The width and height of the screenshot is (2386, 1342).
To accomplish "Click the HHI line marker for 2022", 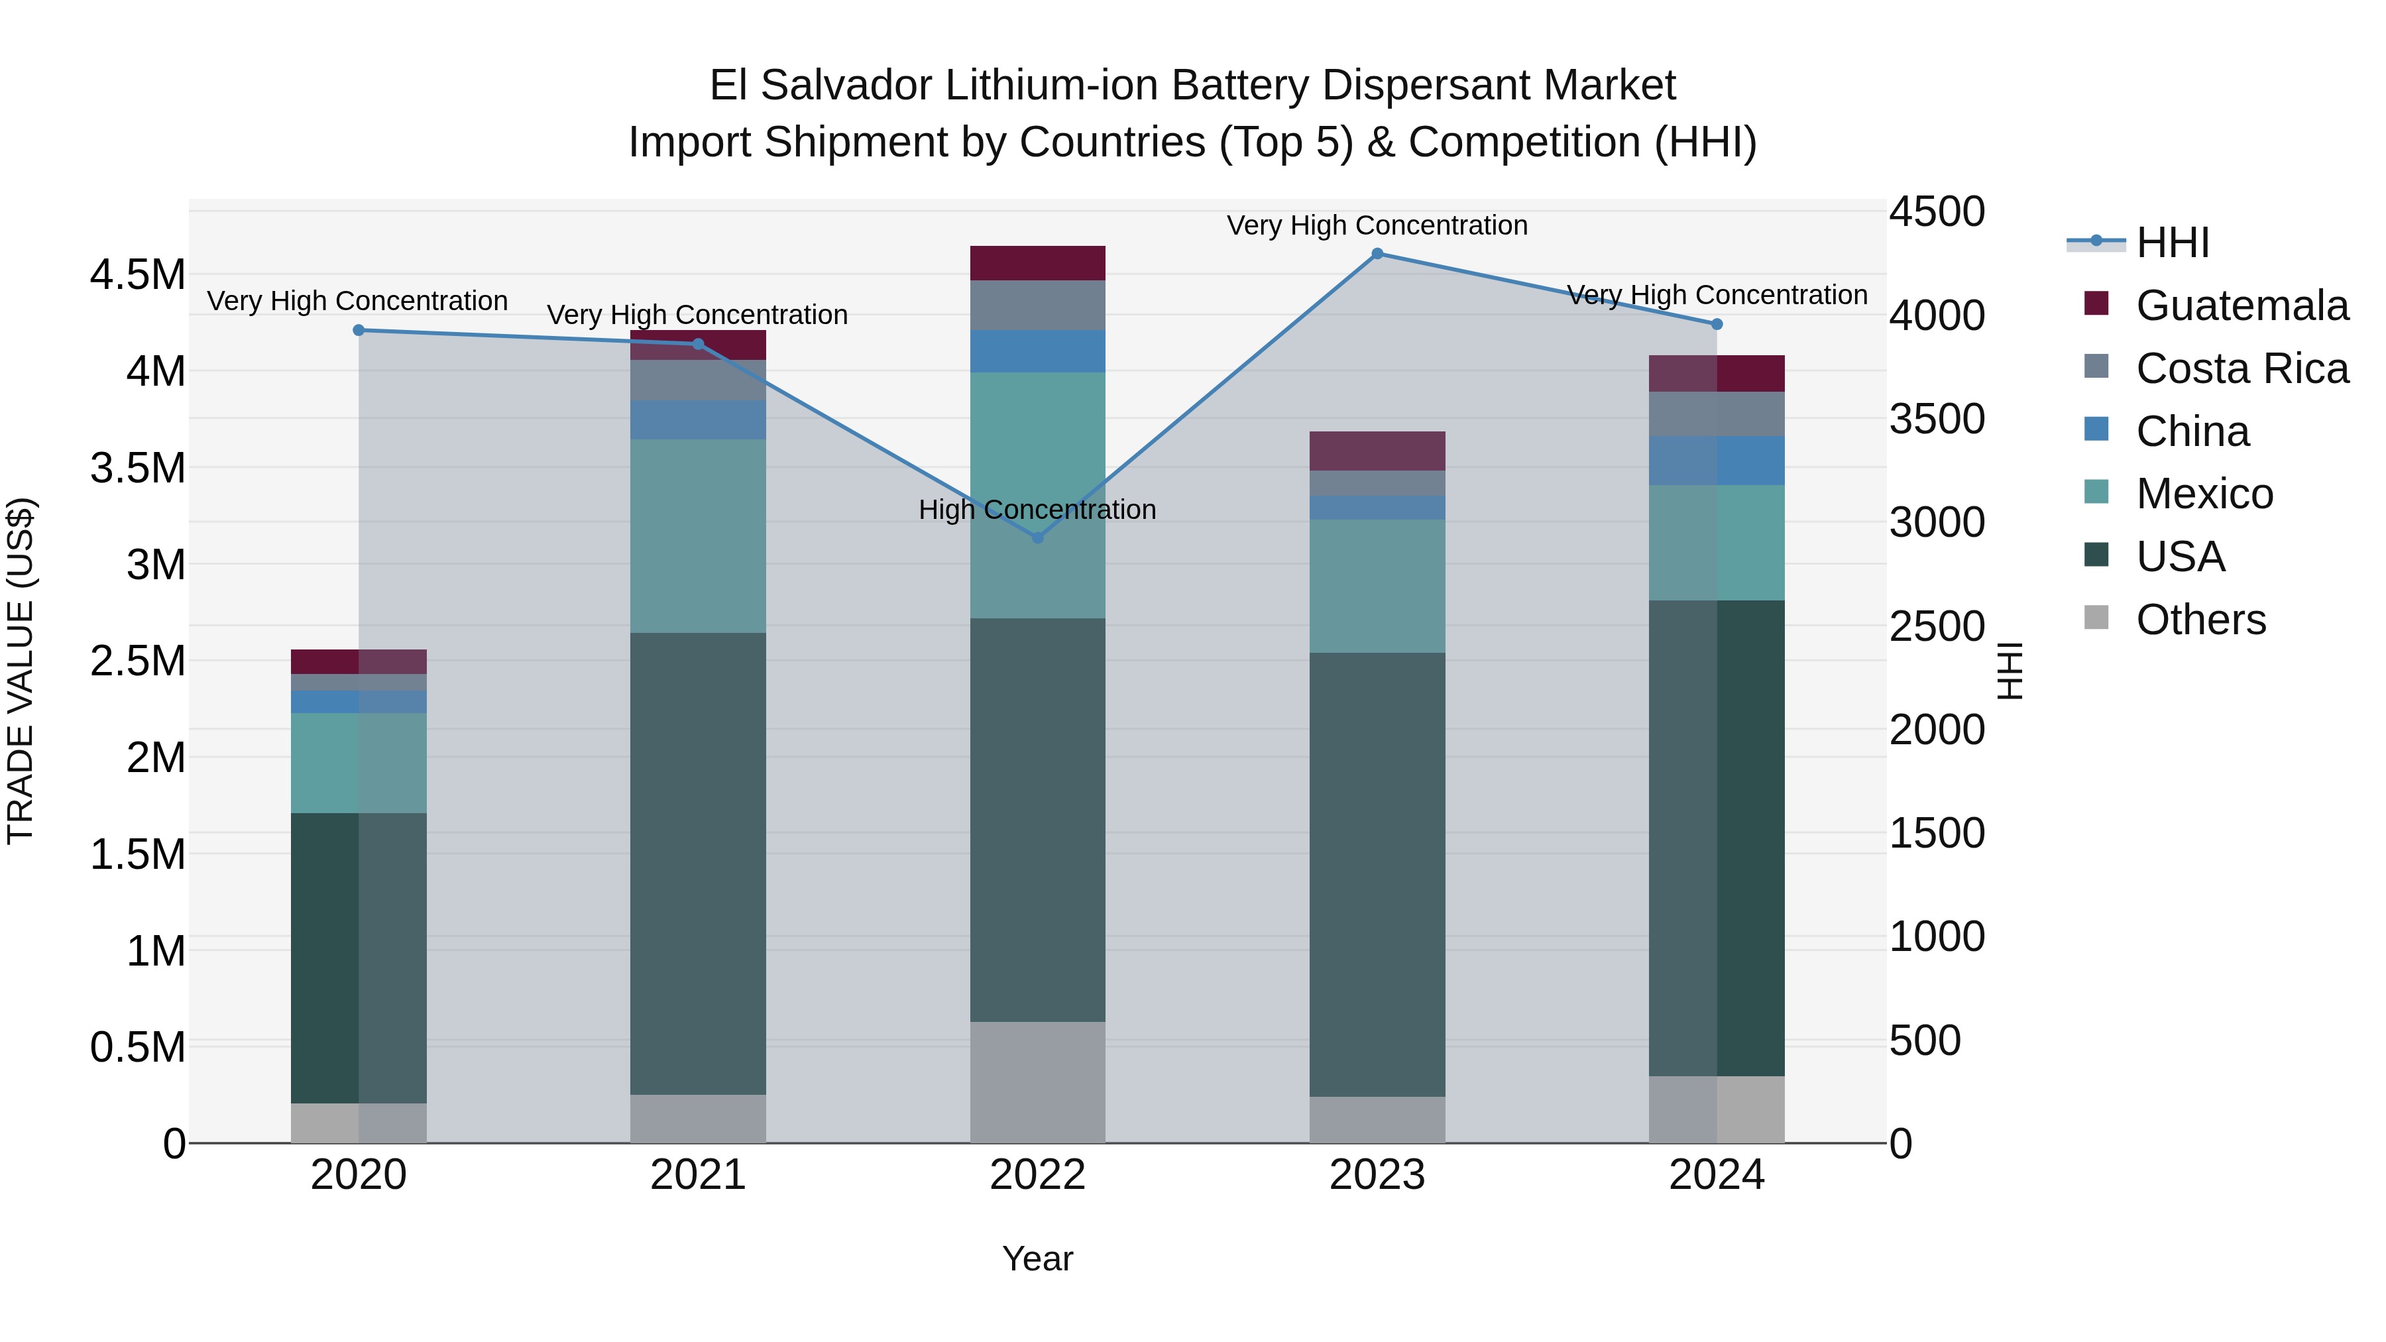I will point(1037,537).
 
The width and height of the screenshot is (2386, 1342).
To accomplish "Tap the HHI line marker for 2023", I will point(1377,254).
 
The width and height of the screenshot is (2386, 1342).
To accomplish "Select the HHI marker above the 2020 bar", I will point(359,330).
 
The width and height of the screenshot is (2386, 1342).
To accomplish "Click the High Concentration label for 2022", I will point(1037,510).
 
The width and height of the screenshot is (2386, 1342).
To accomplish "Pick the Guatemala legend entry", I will point(2242,306).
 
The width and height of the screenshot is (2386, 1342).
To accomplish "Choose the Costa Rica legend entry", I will point(2242,368).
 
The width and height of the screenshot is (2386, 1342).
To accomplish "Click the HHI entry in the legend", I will point(2172,243).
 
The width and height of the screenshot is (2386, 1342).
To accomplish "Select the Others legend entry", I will point(2200,620).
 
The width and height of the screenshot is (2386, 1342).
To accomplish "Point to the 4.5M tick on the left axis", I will point(137,275).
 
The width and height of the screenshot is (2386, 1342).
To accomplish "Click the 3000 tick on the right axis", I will point(1937,522).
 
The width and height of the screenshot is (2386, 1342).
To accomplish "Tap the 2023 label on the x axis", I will point(1377,1175).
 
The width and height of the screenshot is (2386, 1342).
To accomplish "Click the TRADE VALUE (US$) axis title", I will point(21,671).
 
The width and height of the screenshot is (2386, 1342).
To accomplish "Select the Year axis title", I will point(1037,1258).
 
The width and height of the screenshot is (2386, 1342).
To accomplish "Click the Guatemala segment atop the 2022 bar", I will point(1037,263).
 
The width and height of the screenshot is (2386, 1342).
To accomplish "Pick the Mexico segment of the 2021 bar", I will point(699,535).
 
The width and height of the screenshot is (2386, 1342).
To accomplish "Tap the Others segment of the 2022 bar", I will point(1037,1082).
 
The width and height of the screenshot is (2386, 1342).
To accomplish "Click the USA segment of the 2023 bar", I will point(1377,874).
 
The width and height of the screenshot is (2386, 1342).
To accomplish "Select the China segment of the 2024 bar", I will point(1717,461).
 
